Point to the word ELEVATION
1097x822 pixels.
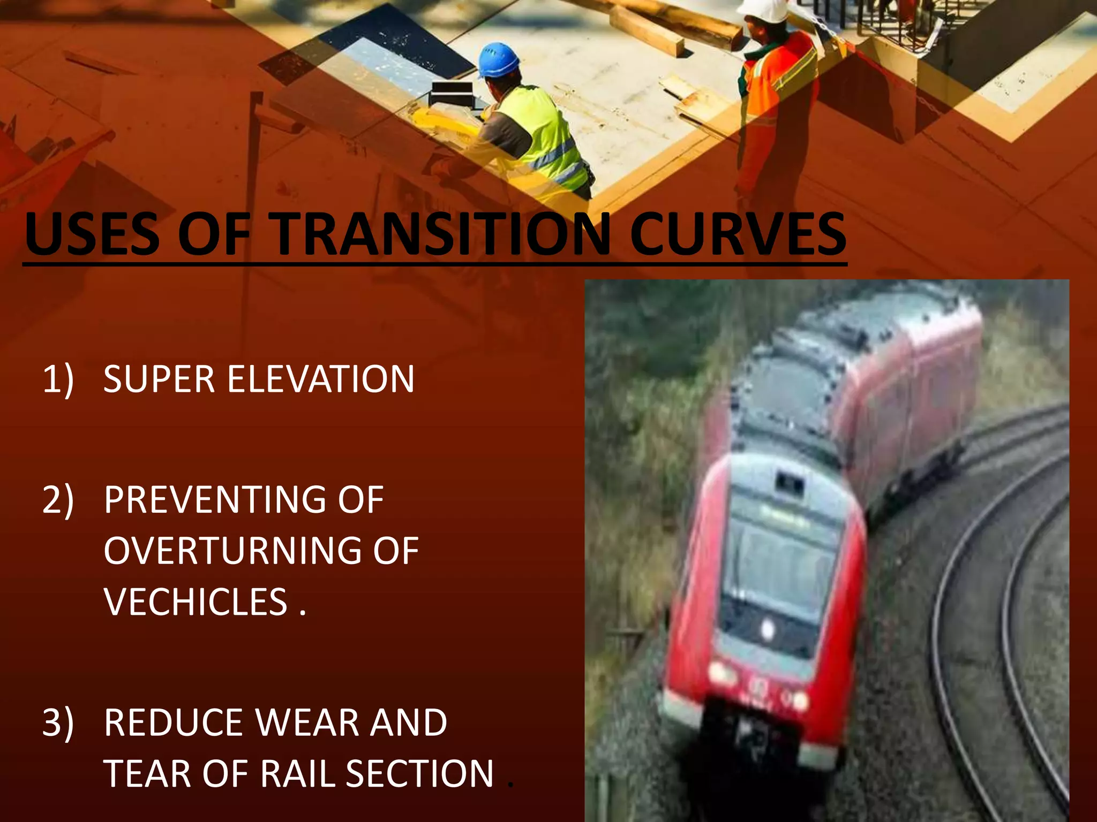pyautogui.click(x=321, y=379)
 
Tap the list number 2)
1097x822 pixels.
pyautogui.click(x=58, y=500)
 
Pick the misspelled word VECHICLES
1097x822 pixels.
pyautogui.click(x=196, y=602)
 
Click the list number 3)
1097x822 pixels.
pyautogui.click(x=58, y=723)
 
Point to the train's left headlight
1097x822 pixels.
pyautogui.click(x=720, y=672)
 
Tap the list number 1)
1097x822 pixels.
pyautogui.click(x=58, y=379)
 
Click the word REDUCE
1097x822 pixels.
pyautogui.click(x=174, y=723)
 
